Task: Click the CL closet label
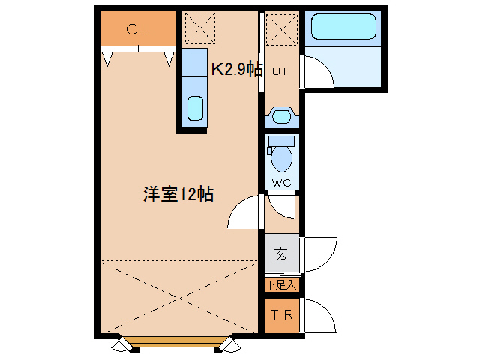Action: pos(137,30)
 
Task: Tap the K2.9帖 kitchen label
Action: pos(235,70)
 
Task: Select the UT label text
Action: pos(280,71)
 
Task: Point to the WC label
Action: pos(281,182)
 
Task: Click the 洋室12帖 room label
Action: pos(178,194)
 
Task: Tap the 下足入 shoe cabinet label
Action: pos(282,284)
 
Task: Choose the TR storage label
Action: pos(282,315)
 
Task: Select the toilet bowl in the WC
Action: pos(282,158)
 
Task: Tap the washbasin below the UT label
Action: pos(282,115)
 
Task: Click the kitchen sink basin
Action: pos(195,108)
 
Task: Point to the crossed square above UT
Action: pos(282,28)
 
